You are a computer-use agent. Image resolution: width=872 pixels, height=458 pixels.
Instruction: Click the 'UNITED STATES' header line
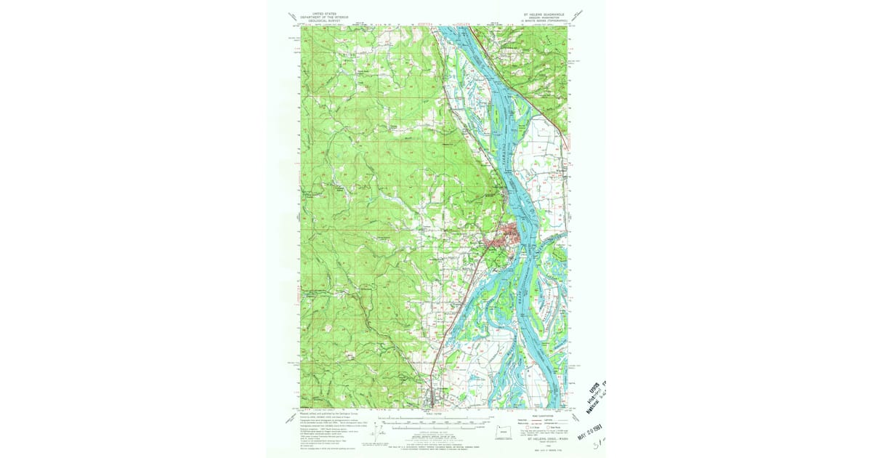pyautogui.click(x=325, y=13)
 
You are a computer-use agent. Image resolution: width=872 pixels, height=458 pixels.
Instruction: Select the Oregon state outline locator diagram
pyautogui.click(x=504, y=430)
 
